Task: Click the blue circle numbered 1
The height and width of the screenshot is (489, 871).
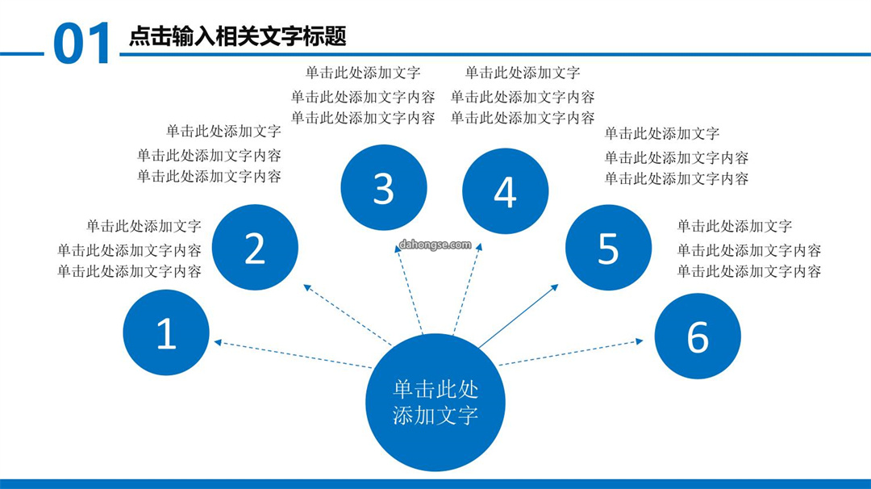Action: click(x=166, y=332)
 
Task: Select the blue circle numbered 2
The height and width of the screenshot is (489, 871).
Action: click(x=255, y=247)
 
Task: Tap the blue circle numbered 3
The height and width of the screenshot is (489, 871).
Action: click(x=384, y=187)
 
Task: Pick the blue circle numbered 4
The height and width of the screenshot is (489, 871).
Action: click(x=506, y=191)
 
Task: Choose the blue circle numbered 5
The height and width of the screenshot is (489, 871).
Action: click(x=608, y=247)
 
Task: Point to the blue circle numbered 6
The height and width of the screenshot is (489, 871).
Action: click(x=698, y=336)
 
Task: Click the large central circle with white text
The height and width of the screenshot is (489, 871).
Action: click(x=435, y=403)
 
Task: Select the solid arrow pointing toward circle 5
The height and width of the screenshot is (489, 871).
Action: click(x=519, y=316)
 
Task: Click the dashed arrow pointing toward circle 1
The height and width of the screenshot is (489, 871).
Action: click(x=293, y=354)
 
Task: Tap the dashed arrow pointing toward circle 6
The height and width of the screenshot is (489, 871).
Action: click(x=571, y=353)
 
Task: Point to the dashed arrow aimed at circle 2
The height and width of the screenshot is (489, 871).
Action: click(x=347, y=315)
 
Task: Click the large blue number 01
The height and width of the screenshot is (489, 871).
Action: click(x=82, y=44)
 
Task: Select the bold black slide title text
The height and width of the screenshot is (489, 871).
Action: click(x=238, y=36)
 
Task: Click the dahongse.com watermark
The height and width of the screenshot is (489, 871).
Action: click(x=435, y=245)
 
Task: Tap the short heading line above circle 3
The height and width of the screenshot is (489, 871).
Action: click(x=363, y=73)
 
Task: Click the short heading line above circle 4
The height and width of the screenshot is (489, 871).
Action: click(x=522, y=73)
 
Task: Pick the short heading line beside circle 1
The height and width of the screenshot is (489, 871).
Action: click(x=144, y=226)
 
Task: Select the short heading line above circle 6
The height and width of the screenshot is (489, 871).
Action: click(x=735, y=226)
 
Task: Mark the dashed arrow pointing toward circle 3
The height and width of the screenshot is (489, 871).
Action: click(x=409, y=290)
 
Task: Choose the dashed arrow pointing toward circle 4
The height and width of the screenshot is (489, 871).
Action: click(x=468, y=288)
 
